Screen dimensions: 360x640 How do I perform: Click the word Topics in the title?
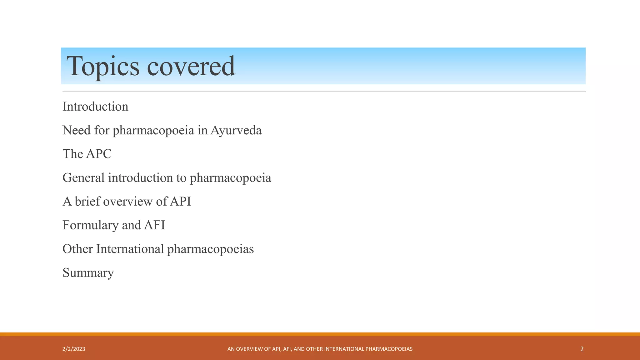(x=103, y=66)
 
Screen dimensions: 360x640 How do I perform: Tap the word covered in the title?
(x=191, y=66)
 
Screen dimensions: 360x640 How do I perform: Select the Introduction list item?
(x=95, y=107)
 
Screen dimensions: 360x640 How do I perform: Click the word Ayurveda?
(x=236, y=130)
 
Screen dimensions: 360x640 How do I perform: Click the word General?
(x=83, y=178)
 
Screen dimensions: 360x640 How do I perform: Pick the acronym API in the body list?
(x=180, y=202)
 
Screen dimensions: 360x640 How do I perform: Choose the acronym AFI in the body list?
(x=154, y=225)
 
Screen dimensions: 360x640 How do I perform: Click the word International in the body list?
(x=130, y=249)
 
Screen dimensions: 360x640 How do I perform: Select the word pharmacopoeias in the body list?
(x=210, y=249)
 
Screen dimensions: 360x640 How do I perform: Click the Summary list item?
(x=88, y=273)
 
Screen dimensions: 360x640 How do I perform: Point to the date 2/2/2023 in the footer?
(x=74, y=349)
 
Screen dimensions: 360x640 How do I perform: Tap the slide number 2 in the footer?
(x=582, y=349)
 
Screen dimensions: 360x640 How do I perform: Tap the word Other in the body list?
(x=77, y=249)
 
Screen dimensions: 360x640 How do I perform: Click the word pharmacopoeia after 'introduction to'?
(x=230, y=178)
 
